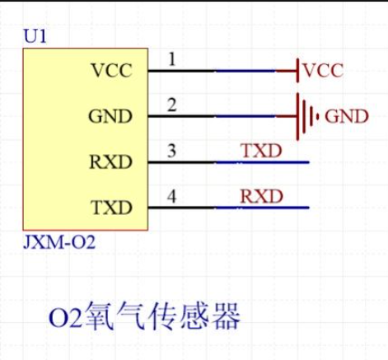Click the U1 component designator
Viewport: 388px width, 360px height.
coord(35,36)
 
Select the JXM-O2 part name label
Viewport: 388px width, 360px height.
coord(59,242)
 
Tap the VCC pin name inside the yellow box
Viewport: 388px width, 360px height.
coord(112,70)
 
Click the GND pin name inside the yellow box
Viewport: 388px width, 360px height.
coord(110,116)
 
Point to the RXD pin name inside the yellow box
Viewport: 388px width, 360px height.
coord(111,161)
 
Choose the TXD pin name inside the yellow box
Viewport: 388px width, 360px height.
coord(111,208)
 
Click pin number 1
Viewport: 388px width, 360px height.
coord(172,59)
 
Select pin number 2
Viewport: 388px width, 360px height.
coord(172,105)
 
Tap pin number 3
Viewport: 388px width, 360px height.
coord(172,151)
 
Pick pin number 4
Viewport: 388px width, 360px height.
coord(172,196)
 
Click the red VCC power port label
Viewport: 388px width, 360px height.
coord(324,70)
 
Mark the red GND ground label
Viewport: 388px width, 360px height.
coord(347,116)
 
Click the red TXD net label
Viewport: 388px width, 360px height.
coord(262,151)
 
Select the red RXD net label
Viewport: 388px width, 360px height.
coord(262,196)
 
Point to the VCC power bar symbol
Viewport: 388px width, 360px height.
coord(297,70)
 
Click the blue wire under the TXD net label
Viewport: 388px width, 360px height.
coord(263,162)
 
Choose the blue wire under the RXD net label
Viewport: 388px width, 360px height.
coord(263,208)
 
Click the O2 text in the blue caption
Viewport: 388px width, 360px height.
coord(65,317)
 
